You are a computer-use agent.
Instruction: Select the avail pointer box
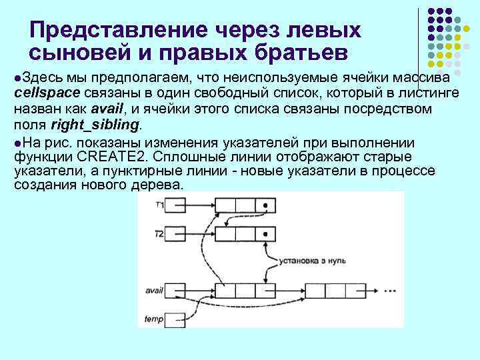pyautogui.click(x=175, y=291)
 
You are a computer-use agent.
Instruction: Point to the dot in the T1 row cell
pyautogui.click(x=265, y=205)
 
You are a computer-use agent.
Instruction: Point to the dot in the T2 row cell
pyautogui.click(x=265, y=234)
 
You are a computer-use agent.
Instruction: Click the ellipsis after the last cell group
pyautogui.click(x=390, y=291)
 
